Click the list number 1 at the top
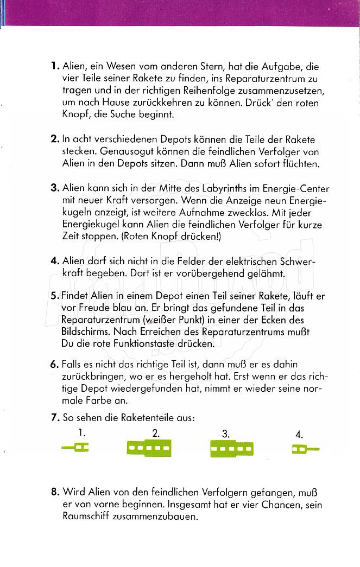(54, 67)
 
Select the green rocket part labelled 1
(75, 448)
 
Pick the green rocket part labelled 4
(305, 449)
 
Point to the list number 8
(55, 493)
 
